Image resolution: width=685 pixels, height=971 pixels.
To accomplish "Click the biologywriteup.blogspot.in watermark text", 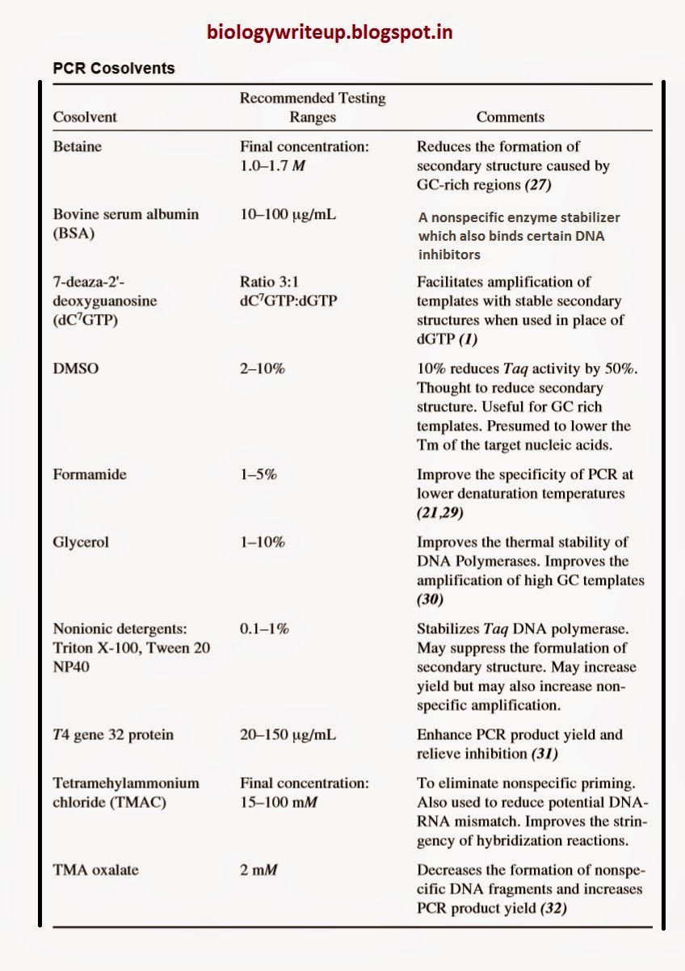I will (329, 32).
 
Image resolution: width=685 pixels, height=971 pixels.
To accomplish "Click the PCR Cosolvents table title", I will (113, 69).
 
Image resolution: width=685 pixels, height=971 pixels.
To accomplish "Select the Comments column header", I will (510, 117).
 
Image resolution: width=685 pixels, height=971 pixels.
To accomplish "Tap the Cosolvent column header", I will (85, 117).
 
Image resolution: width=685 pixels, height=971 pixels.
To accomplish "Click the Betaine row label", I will (78, 147).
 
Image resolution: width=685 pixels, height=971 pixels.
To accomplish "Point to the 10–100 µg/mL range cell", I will (288, 215).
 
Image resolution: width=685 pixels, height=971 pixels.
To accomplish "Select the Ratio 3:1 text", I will (268, 282).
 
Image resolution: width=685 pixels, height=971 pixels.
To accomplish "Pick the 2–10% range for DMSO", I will (262, 368).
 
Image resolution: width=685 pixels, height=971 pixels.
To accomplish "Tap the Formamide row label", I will (90, 474).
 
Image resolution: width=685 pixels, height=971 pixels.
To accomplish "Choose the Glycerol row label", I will (81, 542).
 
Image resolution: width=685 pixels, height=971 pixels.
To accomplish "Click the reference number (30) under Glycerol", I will (432, 600).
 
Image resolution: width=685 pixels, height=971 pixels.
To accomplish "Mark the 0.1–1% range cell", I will (264, 628).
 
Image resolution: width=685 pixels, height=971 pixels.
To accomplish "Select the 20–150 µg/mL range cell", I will (288, 735).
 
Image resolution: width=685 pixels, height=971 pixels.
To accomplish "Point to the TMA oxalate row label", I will (95, 870).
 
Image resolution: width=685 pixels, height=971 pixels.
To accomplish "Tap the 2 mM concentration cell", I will (258, 870).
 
